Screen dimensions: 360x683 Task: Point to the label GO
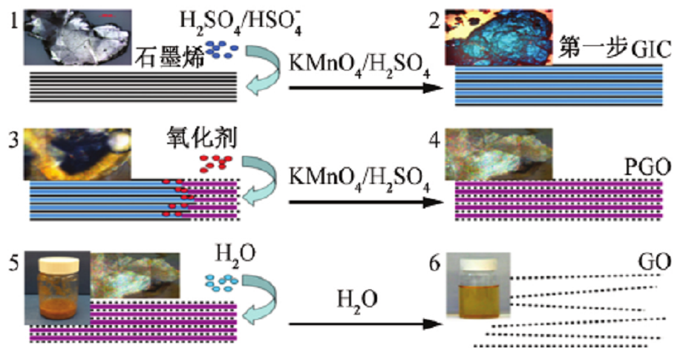tap(653, 261)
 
